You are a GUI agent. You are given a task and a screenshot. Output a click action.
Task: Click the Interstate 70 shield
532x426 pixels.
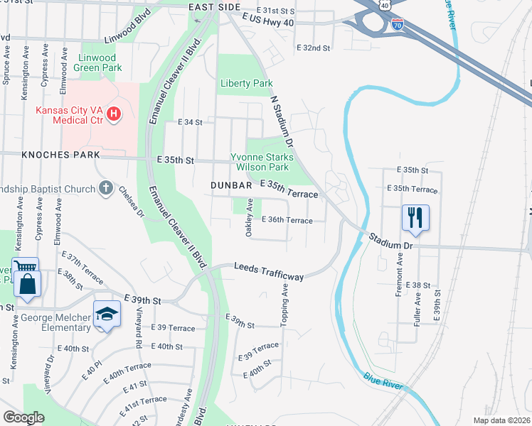click(398, 25)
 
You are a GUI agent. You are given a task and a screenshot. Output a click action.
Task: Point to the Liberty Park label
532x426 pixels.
click(246, 83)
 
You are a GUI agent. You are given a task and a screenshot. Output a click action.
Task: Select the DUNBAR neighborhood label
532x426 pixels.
click(232, 185)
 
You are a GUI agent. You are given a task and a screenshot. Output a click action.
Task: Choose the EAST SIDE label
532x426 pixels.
click(215, 7)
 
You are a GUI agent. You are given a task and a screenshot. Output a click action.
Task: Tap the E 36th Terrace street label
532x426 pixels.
click(287, 220)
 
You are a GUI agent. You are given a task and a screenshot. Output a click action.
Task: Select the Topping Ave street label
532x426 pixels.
click(284, 306)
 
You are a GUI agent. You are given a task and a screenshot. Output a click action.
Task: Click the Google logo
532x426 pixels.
click(23, 417)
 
